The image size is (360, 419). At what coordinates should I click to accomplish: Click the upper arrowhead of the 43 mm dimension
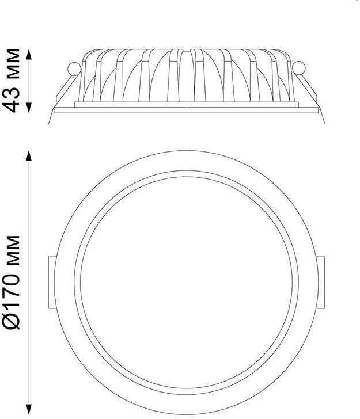29,54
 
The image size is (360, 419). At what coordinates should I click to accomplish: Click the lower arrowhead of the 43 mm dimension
29,108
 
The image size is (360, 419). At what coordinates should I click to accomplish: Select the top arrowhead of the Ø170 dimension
29,156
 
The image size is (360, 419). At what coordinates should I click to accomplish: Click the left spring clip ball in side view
74,68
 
